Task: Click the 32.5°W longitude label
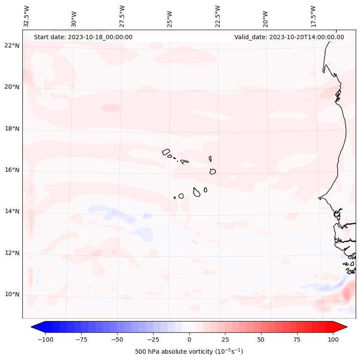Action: [x=27, y=16]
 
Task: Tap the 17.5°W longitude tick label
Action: [x=313, y=16]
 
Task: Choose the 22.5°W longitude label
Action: [x=218, y=16]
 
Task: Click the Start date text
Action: [x=83, y=37]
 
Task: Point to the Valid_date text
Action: [x=289, y=37]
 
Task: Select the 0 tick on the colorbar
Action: [x=189, y=339]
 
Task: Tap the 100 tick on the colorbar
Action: [x=333, y=339]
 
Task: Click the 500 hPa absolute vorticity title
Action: [x=189, y=352]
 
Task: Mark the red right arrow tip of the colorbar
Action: [x=346, y=327]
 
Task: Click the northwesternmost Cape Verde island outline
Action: [x=166, y=151]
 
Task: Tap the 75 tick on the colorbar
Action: [x=297, y=339]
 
